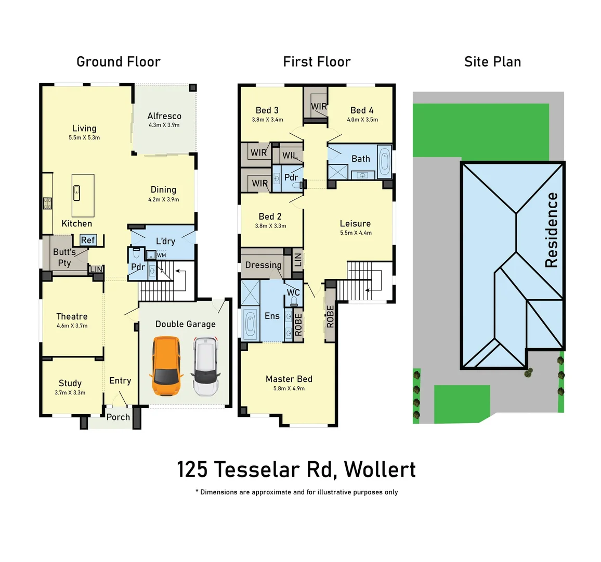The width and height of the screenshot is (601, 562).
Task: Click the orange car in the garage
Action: pos(165,366)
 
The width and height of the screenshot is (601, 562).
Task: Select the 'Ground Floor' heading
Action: pos(119,62)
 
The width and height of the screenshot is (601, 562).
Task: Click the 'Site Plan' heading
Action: pos(492,62)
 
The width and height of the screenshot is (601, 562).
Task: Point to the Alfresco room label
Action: pos(164,116)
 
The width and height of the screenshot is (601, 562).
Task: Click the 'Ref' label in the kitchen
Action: pos(88,240)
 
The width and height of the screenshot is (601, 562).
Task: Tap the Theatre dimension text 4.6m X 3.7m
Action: pos(72,326)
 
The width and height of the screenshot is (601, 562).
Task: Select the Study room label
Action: pos(70,383)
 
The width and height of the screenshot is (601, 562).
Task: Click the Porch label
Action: pos(118,417)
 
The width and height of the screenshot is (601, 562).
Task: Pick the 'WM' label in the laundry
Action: pos(161,256)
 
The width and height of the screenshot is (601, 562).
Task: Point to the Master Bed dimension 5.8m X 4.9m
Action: pos(289,389)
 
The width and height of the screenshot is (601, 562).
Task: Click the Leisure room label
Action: pos(355,223)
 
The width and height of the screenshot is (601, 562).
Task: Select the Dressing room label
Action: pos(263,265)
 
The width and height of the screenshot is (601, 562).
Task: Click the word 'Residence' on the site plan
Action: pos(552,230)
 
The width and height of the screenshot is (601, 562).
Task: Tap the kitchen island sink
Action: pos(77,192)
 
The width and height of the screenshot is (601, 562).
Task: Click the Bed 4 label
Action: pos(362,110)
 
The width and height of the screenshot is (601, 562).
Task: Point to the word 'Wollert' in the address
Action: pos(380,469)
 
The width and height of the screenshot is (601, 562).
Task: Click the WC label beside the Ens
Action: pos(293,292)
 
